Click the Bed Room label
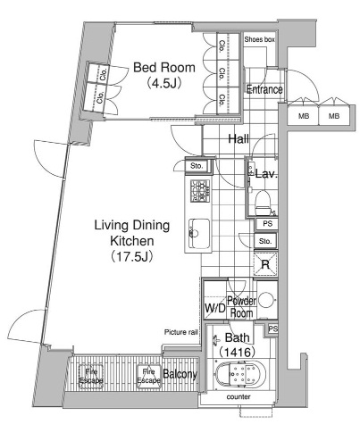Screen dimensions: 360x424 (164, 68)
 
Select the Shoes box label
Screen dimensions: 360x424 (259, 39)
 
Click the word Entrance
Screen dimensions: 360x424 (264, 89)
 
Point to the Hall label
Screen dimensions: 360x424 (239, 138)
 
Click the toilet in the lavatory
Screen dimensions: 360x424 (263, 203)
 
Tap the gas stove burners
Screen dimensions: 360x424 (199, 191)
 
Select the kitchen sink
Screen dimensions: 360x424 (199, 234)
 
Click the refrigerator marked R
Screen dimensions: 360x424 (265, 264)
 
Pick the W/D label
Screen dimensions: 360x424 (214, 308)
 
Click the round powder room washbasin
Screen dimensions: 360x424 (266, 300)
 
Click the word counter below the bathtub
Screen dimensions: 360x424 (239, 396)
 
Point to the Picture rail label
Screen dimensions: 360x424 (180, 332)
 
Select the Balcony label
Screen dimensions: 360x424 (180, 374)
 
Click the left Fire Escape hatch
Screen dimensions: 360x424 (91, 376)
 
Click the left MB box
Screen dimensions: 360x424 (304, 116)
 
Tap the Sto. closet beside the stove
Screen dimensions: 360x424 (197, 166)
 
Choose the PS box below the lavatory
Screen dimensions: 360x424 (267, 224)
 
